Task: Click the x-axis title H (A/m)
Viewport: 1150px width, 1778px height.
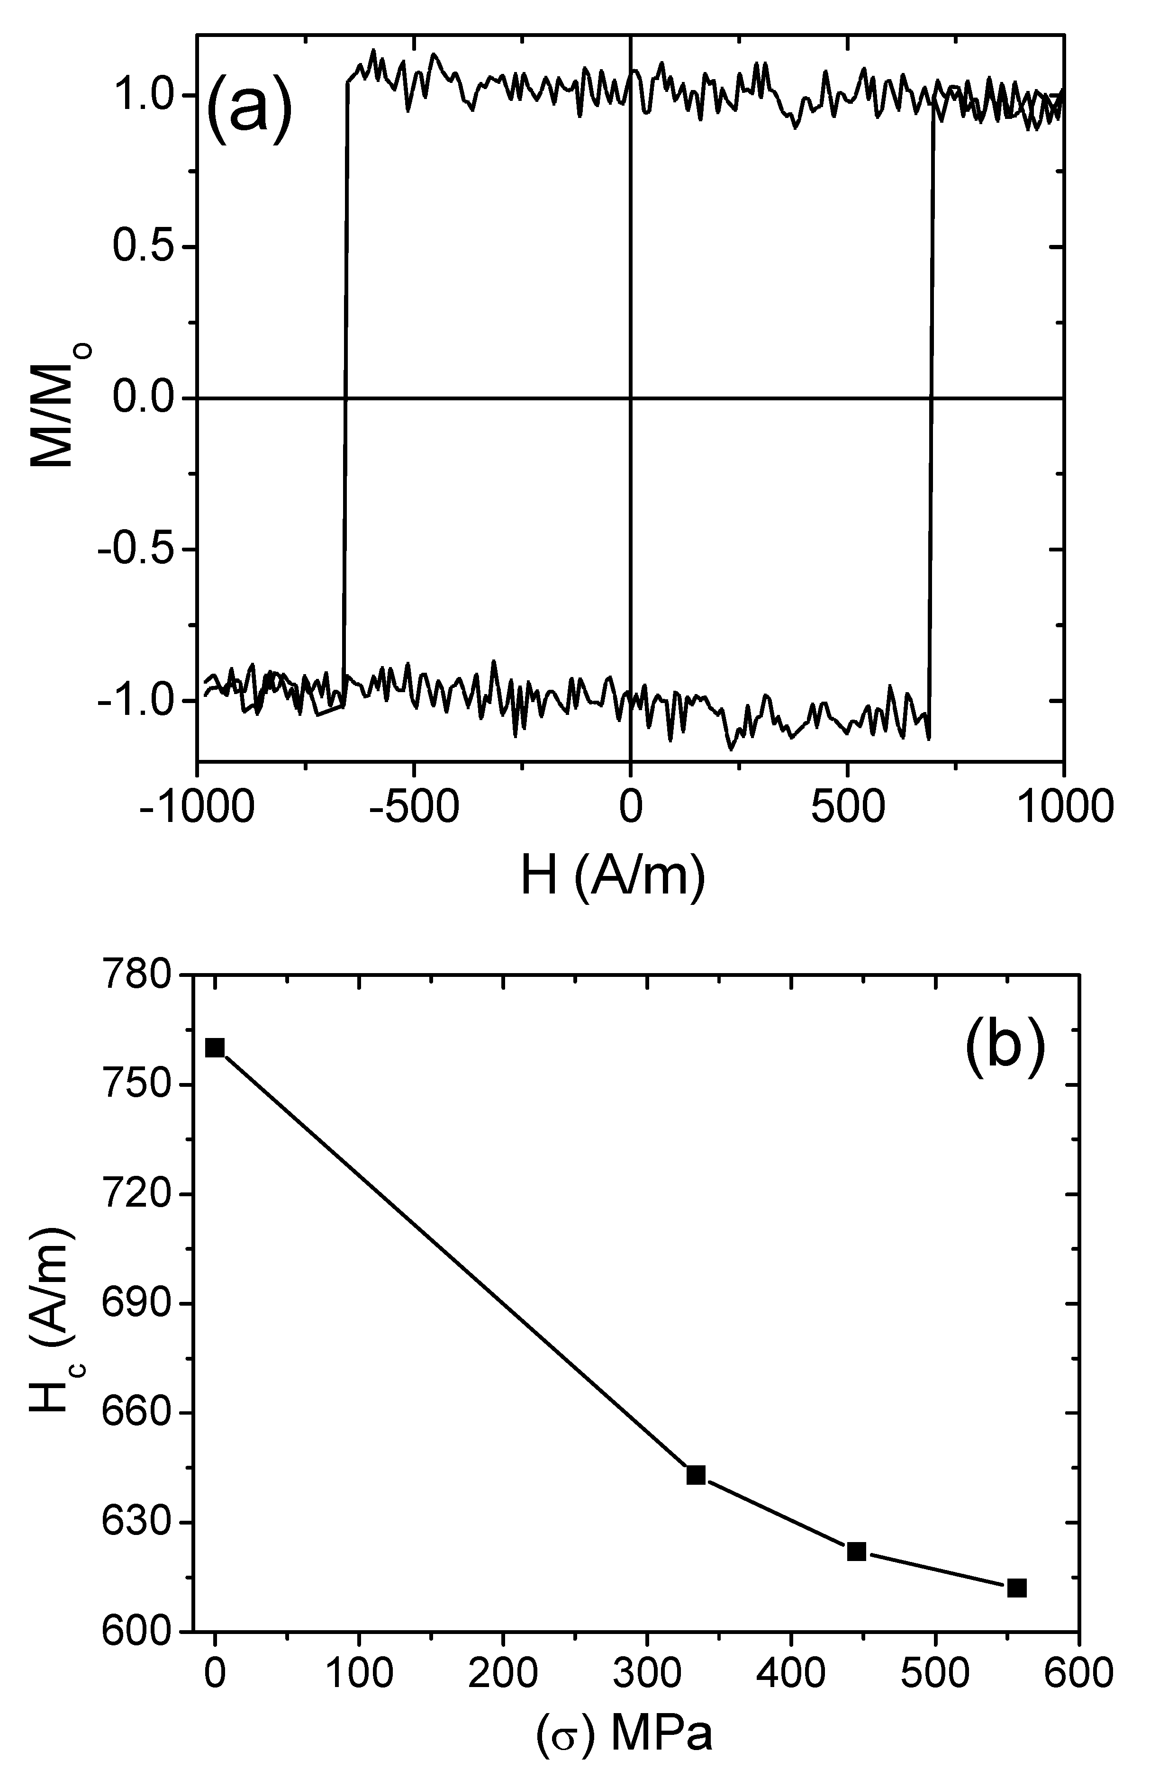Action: tap(612, 876)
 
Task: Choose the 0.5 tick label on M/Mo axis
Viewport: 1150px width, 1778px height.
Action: tap(144, 246)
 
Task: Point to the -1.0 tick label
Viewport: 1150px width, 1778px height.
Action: tap(135, 700)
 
